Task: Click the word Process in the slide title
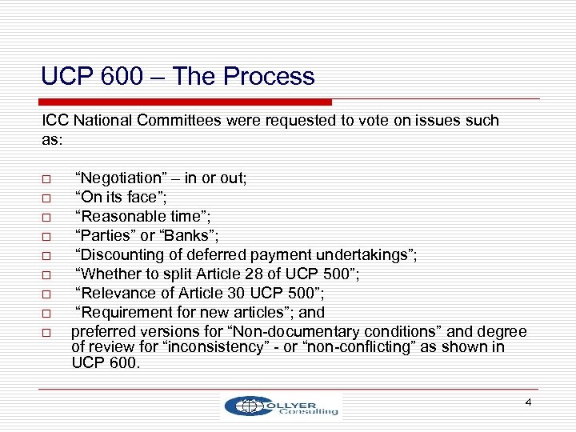click(270, 77)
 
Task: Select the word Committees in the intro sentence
click(160, 121)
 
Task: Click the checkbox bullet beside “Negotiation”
click(47, 179)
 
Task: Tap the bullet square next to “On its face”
click(47, 197)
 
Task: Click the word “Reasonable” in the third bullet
click(117, 215)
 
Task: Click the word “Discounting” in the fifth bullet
click(119, 254)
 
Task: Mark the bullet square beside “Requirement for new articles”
click(47, 313)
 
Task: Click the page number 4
click(528, 401)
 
